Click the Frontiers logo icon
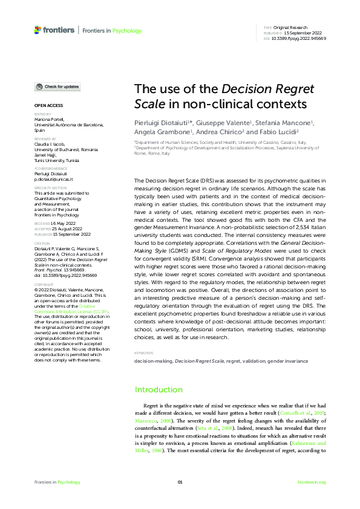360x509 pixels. (x=38, y=30)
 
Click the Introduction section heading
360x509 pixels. (x=159, y=389)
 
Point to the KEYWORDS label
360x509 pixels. (x=143, y=352)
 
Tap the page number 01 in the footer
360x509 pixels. (x=180, y=482)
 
